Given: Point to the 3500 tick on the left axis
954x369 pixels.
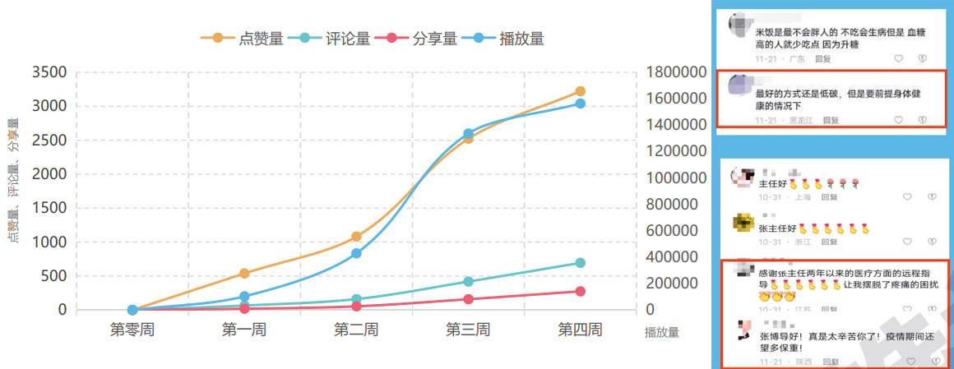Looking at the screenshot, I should tap(49, 72).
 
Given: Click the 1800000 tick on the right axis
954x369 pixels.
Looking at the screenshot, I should tap(677, 72).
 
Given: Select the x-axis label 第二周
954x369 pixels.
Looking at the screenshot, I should tap(356, 330).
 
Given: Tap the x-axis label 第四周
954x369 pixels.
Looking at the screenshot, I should tap(580, 330).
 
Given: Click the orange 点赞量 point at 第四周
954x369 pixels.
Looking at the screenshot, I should tap(580, 91).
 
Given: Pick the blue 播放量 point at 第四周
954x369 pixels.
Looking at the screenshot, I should tap(580, 104).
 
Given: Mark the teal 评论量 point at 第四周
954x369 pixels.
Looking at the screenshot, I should tap(580, 263).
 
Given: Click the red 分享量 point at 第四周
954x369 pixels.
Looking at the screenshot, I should tap(580, 291).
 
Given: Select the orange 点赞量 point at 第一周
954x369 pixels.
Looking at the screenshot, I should tap(244, 273).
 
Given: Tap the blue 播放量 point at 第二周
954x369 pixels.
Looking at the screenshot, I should tap(356, 253).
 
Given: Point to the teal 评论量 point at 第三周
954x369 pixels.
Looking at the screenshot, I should tap(468, 281).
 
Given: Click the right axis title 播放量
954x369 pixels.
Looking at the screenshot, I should tap(662, 333).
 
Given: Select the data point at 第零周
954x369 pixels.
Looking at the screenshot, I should tap(132, 310).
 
